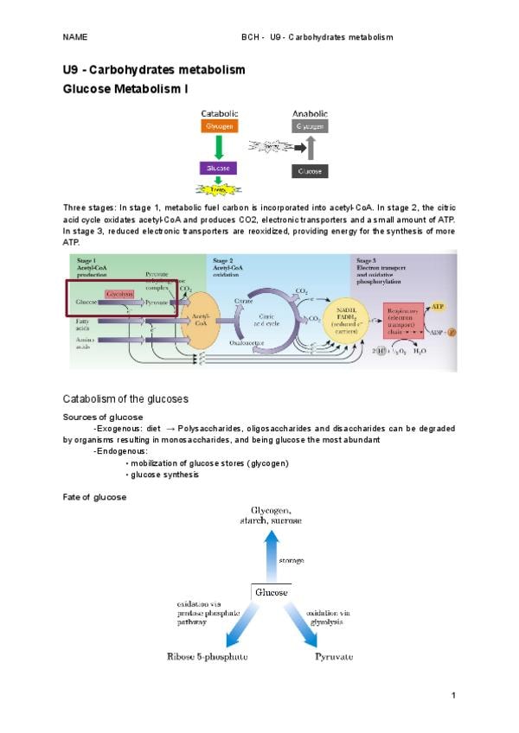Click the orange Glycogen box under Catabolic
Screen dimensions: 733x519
pos(220,125)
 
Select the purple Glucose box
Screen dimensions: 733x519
pos(220,168)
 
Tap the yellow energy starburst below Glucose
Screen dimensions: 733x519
pos(219,188)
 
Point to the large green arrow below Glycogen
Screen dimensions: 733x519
pos(220,146)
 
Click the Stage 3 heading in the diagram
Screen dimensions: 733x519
pos(366,260)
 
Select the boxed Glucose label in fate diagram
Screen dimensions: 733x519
pos(269,592)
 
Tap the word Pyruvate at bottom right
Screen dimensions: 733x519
pos(333,657)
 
